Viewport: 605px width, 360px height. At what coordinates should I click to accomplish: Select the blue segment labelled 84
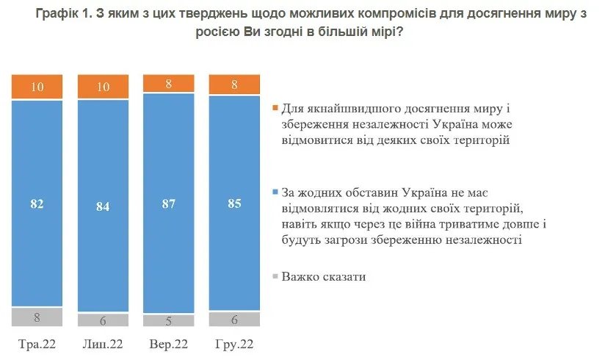pyautogui.click(x=103, y=206)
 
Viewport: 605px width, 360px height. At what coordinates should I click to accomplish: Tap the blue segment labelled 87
pyautogui.click(x=168, y=202)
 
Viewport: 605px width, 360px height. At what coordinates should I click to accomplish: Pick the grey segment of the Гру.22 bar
pyautogui.click(x=234, y=319)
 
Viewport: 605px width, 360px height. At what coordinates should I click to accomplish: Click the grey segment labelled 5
pyautogui.click(x=168, y=320)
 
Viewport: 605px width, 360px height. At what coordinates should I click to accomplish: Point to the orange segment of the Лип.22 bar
pyautogui.click(x=103, y=87)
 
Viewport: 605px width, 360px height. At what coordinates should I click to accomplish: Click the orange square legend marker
pyautogui.click(x=275, y=108)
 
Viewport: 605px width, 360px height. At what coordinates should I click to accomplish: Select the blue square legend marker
pyautogui.click(x=275, y=192)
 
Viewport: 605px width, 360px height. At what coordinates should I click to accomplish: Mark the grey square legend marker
pyautogui.click(x=275, y=277)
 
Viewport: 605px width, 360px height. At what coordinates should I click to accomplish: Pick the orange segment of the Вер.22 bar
pyautogui.click(x=168, y=83)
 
